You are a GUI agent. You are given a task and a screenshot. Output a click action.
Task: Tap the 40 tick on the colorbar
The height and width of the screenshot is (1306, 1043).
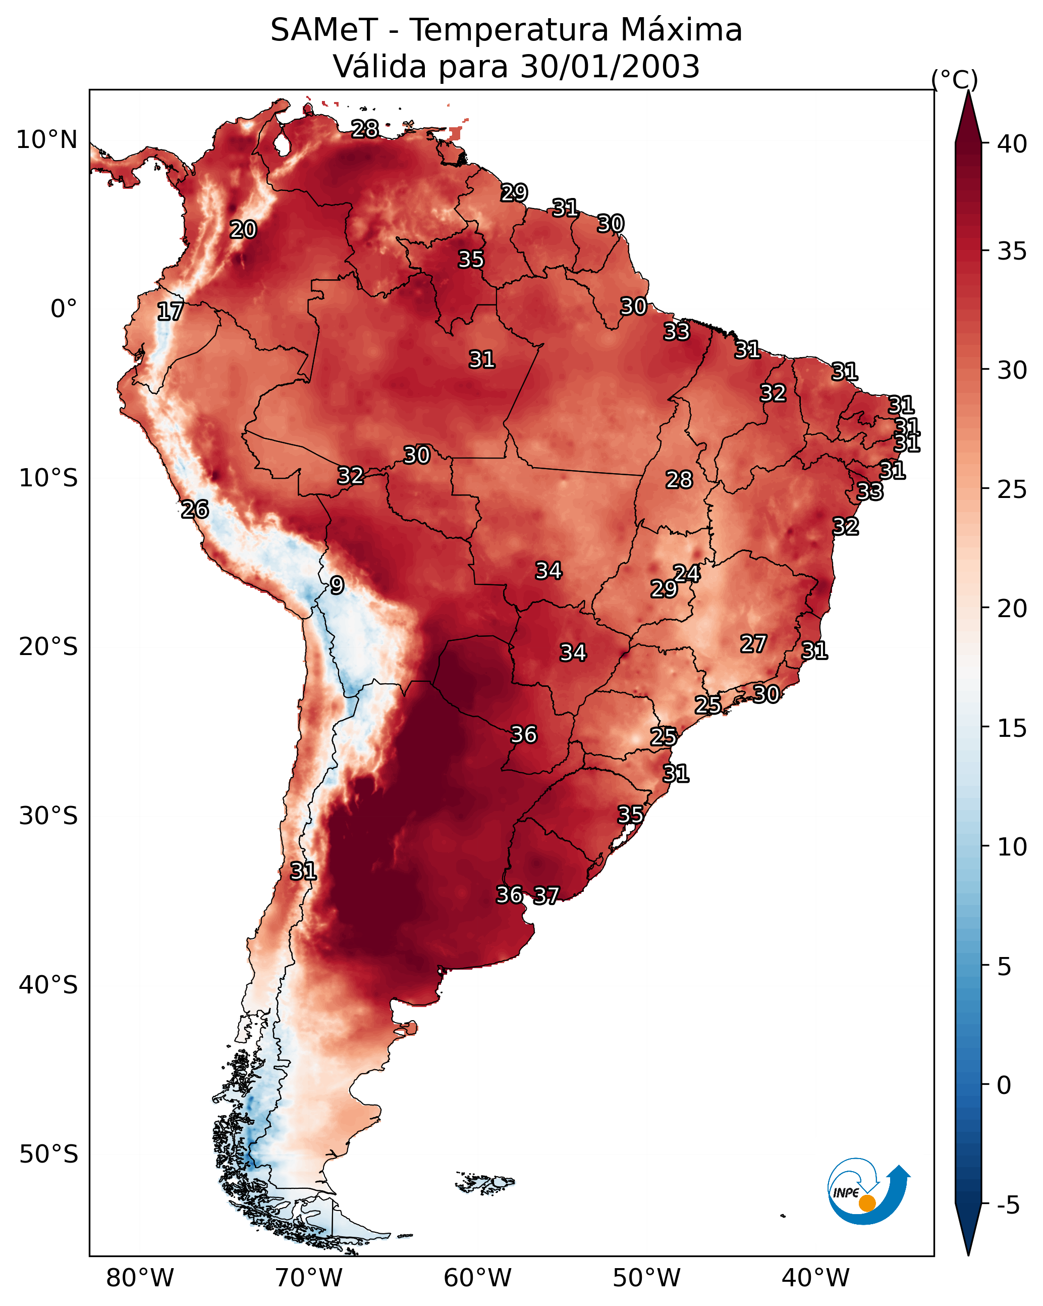[1012, 144]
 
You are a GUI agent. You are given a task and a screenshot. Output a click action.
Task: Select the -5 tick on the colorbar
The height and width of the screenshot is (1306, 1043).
[1007, 1205]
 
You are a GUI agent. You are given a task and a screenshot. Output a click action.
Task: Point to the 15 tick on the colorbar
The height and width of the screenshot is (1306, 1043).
[1012, 728]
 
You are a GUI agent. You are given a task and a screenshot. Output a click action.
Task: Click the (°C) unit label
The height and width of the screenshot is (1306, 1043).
[955, 79]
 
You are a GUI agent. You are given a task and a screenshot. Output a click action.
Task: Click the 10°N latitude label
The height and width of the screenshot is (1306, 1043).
[46, 140]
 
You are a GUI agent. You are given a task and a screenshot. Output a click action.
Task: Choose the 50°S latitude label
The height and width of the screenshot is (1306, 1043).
[48, 1154]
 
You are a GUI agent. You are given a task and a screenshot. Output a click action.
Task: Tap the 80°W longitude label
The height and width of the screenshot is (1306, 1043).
[140, 1278]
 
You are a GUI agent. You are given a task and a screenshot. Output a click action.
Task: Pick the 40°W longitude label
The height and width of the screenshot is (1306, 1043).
[815, 1278]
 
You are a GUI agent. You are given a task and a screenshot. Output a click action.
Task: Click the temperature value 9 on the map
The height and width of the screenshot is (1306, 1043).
[337, 585]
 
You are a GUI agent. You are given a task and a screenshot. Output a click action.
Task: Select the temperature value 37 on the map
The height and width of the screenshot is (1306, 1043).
[546, 895]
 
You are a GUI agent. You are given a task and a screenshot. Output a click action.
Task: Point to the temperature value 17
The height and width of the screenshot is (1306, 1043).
[170, 312]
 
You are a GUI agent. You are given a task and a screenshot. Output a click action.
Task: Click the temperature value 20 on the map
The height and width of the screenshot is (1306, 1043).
[243, 230]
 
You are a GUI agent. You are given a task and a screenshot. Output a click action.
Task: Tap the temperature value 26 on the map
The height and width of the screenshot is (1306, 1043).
[195, 510]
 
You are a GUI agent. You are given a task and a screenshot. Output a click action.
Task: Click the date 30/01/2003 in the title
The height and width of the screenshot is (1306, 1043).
[610, 67]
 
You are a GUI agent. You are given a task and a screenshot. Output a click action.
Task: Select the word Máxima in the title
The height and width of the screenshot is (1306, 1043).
[681, 30]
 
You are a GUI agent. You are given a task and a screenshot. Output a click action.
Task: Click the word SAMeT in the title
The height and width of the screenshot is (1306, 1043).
[324, 30]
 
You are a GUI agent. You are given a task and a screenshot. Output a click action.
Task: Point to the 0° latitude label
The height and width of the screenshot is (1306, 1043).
[64, 309]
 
